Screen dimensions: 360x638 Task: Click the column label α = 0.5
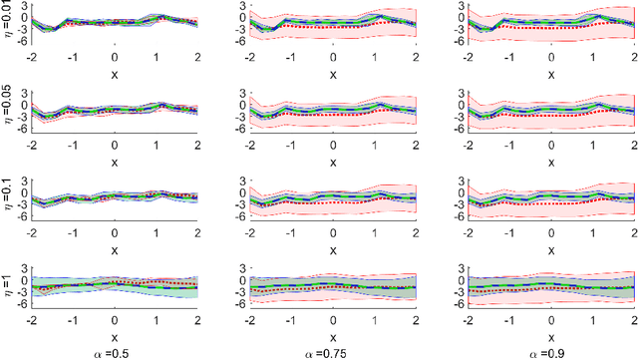(x=114, y=353)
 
